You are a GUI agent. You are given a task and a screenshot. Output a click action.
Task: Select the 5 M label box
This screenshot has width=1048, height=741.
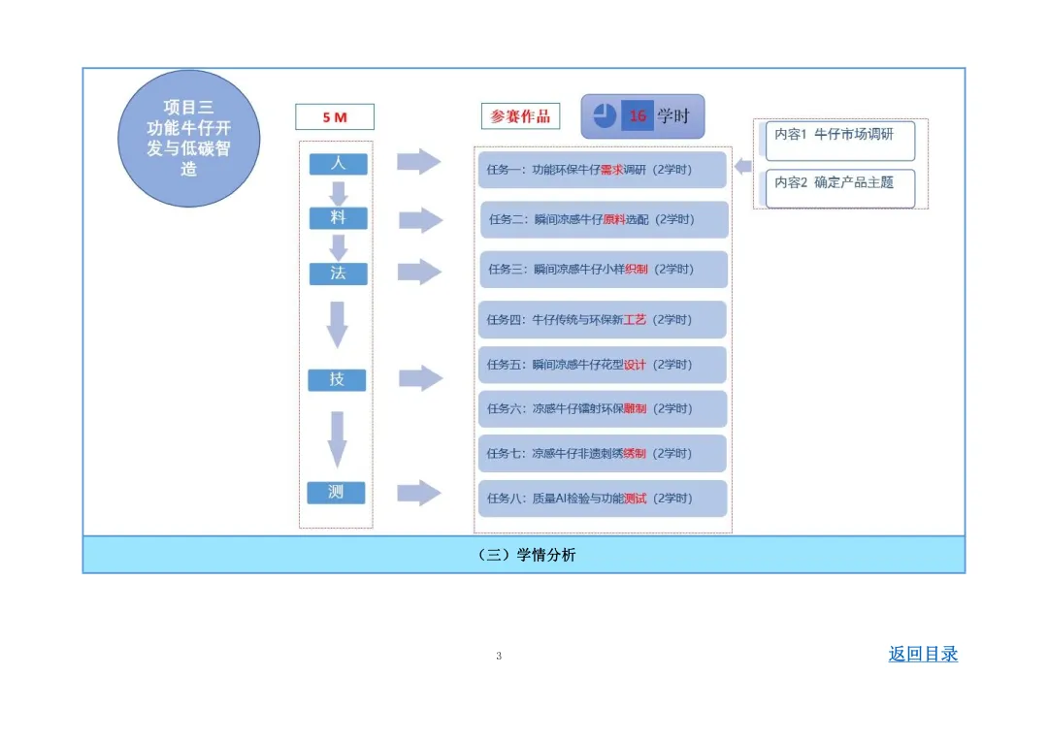click(x=335, y=117)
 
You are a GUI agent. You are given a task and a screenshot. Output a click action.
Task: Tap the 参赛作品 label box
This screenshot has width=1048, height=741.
click(x=520, y=116)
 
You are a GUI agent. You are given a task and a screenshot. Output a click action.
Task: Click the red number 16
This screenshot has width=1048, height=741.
click(x=638, y=116)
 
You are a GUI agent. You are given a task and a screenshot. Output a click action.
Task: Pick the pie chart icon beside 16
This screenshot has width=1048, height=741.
click(x=605, y=116)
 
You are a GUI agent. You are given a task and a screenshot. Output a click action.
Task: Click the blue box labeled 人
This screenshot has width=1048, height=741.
click(x=338, y=164)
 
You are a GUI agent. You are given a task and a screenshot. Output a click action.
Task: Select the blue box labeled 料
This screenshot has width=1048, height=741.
click(x=338, y=218)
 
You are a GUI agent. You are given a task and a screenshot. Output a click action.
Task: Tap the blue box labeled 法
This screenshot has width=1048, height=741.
click(x=338, y=274)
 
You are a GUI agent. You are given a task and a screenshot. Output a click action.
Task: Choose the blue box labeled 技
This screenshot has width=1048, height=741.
click(x=337, y=379)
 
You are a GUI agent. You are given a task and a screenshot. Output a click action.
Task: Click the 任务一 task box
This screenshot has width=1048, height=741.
click(x=602, y=170)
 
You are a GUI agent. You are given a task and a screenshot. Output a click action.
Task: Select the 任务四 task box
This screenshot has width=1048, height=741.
click(x=602, y=319)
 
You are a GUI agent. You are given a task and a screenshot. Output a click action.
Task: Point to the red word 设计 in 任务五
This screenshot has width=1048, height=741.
click(x=635, y=365)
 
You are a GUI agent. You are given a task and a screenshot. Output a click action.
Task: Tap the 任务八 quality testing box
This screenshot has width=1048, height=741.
click(x=602, y=499)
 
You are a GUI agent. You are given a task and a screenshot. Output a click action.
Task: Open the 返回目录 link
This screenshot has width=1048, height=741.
click(x=923, y=654)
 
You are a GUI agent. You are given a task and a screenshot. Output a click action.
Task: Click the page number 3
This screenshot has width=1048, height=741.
click(x=499, y=657)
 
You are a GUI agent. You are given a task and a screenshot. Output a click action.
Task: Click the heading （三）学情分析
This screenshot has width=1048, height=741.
click(x=524, y=555)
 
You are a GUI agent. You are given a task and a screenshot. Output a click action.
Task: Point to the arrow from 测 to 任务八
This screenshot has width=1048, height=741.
click(x=419, y=493)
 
